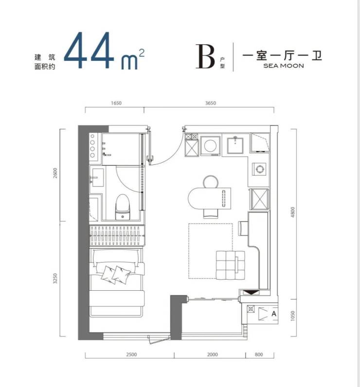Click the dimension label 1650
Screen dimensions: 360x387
click(x=116, y=103)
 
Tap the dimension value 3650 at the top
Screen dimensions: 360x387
click(x=211, y=103)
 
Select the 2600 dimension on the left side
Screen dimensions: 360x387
click(x=55, y=173)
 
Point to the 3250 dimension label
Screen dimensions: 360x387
click(x=55, y=278)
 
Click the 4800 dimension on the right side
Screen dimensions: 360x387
click(x=293, y=212)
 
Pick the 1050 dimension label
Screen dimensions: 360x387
click(x=293, y=316)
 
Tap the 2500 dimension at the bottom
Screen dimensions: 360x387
click(x=131, y=354)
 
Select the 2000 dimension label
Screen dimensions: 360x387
click(x=212, y=354)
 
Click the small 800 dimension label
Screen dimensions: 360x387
click(x=258, y=354)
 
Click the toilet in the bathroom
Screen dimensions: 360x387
click(x=123, y=207)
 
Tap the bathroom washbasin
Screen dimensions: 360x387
click(x=96, y=178)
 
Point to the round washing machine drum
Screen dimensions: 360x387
click(x=210, y=146)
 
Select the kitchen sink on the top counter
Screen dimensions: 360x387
click(x=235, y=145)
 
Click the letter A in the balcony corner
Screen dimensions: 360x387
click(x=273, y=314)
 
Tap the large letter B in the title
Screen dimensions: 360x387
click(x=205, y=56)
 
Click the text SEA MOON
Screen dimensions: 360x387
click(x=284, y=66)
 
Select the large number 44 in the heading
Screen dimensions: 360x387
click(x=89, y=51)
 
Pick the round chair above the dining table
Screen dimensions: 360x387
click(x=211, y=181)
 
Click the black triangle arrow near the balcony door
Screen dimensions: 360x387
click(x=251, y=293)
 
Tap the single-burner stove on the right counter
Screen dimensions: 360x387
click(x=259, y=169)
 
